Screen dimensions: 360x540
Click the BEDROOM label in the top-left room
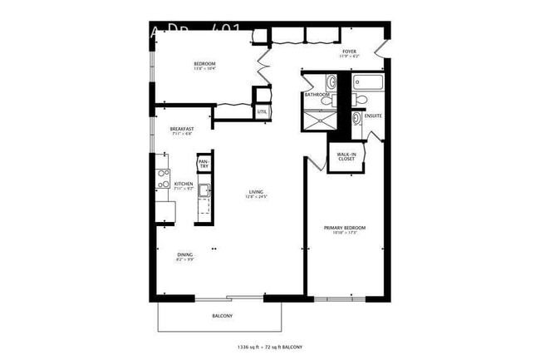click(x=204, y=64)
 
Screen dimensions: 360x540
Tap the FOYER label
click(x=349, y=52)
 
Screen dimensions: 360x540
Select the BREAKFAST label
click(x=182, y=129)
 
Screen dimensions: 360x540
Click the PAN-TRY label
click(x=204, y=165)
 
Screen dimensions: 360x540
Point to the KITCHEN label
click(x=183, y=184)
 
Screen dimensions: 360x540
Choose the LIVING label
click(x=256, y=193)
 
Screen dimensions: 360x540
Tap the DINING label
click(x=184, y=254)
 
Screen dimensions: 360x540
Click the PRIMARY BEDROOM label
click(x=345, y=228)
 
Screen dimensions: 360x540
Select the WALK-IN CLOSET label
click(x=346, y=156)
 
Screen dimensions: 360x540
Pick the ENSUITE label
click(x=373, y=116)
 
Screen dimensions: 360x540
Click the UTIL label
click(x=263, y=111)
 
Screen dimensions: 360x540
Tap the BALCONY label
click(x=222, y=316)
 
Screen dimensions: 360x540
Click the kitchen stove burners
click(x=163, y=177)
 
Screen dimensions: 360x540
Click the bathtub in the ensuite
click(x=366, y=82)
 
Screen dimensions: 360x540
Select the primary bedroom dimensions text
click(x=345, y=233)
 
